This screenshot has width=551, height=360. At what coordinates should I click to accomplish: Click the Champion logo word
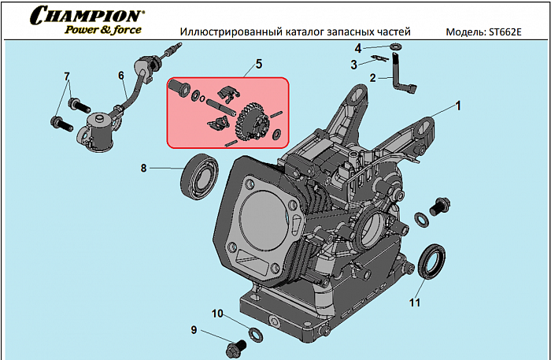tap(87, 15)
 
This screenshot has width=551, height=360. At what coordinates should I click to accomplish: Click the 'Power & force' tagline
tap(103, 30)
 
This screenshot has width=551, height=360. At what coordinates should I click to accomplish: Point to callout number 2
tap(373, 77)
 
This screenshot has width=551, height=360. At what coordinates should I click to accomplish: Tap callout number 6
tap(121, 76)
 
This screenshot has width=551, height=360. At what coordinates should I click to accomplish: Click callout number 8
tap(144, 167)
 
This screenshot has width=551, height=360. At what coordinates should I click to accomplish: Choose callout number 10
tap(218, 314)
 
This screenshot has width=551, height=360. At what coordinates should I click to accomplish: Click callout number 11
tap(414, 300)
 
